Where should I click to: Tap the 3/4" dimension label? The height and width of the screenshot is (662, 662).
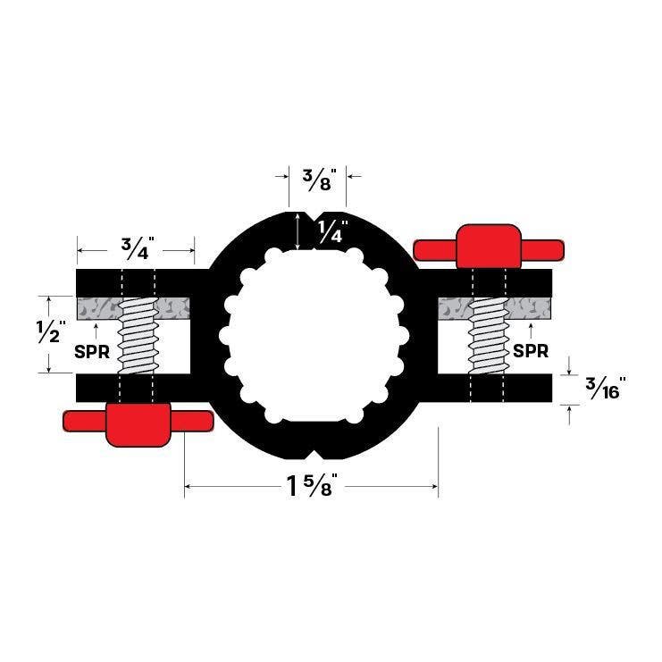point(135,247)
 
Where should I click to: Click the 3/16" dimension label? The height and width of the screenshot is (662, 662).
point(604,389)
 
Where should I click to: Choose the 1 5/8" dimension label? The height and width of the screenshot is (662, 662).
point(311,487)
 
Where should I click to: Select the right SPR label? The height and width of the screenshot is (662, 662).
point(531,351)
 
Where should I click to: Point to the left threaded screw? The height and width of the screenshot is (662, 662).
point(137,335)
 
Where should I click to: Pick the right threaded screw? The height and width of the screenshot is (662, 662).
point(489,335)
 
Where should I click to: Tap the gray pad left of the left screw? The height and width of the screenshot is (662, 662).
point(96,307)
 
